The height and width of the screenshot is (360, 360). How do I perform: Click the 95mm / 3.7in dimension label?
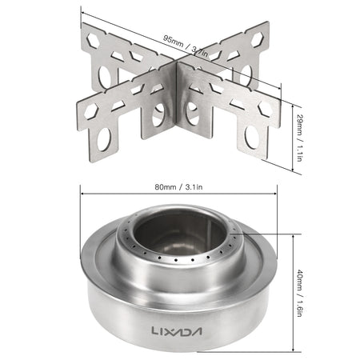click(182, 38)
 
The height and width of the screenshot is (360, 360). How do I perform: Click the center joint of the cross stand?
click(177, 96)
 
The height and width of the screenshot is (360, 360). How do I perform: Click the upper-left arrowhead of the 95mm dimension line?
click(84, 10)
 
